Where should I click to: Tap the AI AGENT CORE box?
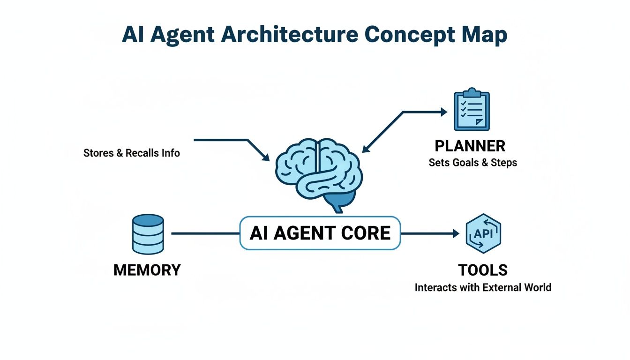point(320,233)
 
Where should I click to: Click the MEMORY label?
point(147,270)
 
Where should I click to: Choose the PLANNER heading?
point(470,146)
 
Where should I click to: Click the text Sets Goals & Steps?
point(472,163)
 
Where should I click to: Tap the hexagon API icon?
point(483,233)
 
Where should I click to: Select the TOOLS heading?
point(483,270)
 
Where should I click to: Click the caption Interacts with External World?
point(483,287)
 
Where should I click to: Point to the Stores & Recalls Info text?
point(131,153)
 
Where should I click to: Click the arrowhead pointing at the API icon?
point(456,233)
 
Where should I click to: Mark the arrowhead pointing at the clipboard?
point(443,112)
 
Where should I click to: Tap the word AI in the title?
point(133,36)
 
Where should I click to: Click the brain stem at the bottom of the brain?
point(336,205)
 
